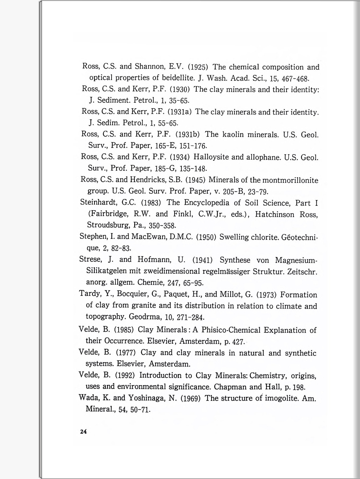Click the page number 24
(x=83, y=432)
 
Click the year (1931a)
(x=180, y=112)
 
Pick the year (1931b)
(x=188, y=134)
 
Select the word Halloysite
(x=211, y=157)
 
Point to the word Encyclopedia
(x=206, y=203)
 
